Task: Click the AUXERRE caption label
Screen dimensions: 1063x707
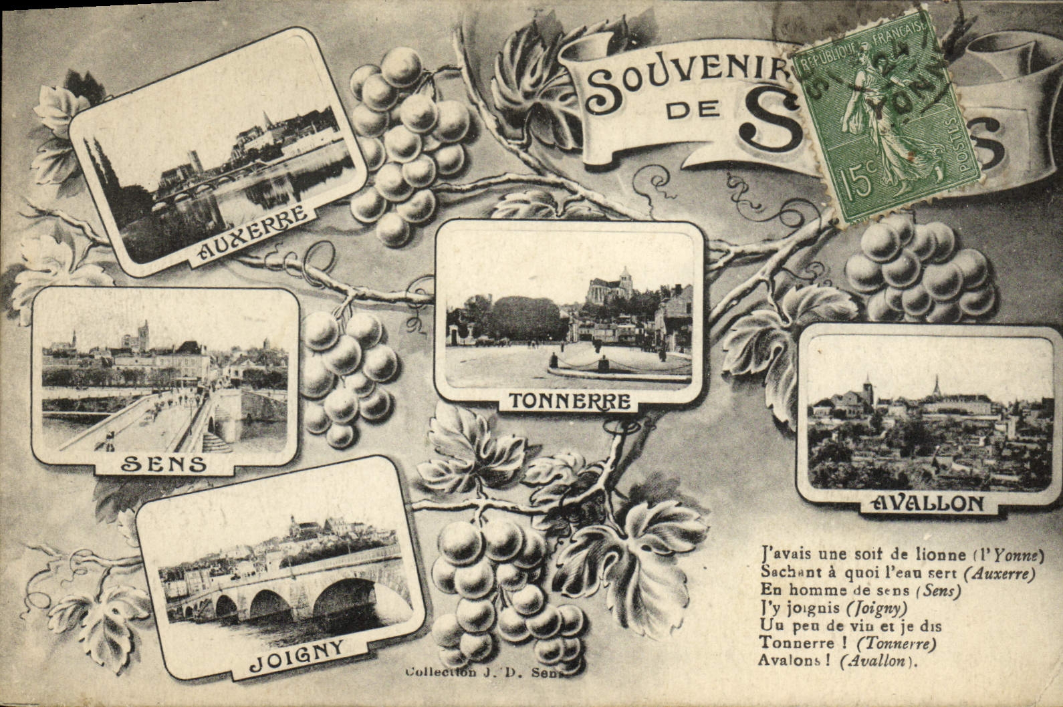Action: click(x=253, y=233)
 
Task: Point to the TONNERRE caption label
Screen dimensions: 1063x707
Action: click(x=570, y=402)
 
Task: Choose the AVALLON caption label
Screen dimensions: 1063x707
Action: click(x=929, y=503)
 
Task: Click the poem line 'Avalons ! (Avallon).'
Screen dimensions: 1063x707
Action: click(x=838, y=661)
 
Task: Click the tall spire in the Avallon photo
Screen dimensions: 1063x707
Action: click(x=936, y=386)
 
